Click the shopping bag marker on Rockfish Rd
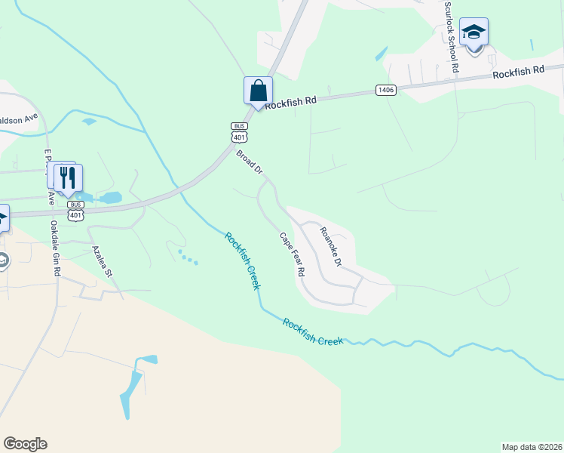[x=258, y=91]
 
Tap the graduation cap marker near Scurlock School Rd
[x=474, y=32]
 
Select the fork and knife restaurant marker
[x=69, y=178]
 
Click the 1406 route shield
[x=386, y=91]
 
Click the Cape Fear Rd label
[x=292, y=253]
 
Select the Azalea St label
[x=101, y=260]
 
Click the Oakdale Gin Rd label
[x=54, y=248]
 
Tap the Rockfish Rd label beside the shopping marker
[x=290, y=99]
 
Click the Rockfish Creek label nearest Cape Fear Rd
[x=242, y=261]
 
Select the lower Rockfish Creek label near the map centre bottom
[x=313, y=331]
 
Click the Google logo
[x=25, y=444]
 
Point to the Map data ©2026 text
[x=532, y=446]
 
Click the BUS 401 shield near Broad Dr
[x=239, y=132]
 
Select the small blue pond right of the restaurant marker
[x=110, y=198]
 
